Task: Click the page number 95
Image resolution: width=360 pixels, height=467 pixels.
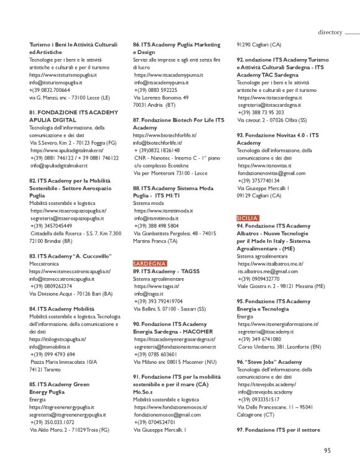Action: tap(327, 451)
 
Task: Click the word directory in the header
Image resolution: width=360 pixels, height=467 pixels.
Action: tap(330, 32)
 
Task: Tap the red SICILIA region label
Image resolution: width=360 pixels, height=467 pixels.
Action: tap(248, 218)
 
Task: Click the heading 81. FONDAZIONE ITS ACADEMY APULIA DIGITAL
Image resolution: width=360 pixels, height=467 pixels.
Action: tap(73, 116)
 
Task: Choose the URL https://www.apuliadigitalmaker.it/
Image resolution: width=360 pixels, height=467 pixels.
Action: tap(66, 150)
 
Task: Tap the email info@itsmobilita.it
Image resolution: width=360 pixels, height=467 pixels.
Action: tap(54, 347)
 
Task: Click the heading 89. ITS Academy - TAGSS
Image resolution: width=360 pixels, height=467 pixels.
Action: tap(164, 271)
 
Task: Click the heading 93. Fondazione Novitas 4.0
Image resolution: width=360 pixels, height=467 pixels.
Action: tap(277, 138)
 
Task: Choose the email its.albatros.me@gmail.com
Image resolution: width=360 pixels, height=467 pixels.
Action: tap(268, 271)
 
